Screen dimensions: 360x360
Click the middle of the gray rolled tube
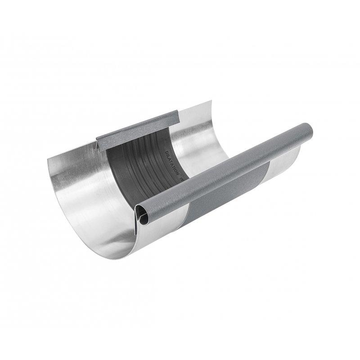point(225,173)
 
